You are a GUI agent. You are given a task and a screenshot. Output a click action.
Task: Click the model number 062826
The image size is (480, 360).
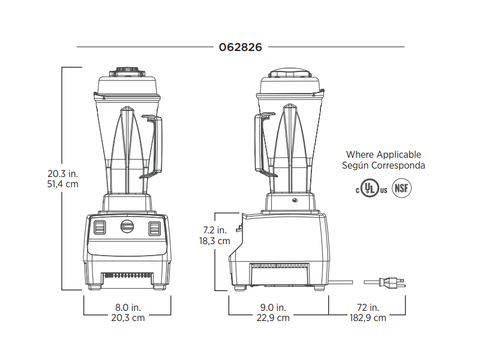point(241,47)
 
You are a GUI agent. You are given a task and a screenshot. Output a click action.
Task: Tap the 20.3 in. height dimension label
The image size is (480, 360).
point(63,173)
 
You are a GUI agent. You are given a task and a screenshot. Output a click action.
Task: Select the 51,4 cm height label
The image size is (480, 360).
point(63,184)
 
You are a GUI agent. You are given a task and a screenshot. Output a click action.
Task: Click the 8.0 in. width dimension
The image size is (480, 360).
point(128,307)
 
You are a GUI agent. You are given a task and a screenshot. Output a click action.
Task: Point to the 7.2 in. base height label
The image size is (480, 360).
point(215,230)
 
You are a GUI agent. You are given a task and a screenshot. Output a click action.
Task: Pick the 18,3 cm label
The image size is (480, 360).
point(215,241)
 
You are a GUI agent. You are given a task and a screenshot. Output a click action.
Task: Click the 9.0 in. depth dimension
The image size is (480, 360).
point(273,307)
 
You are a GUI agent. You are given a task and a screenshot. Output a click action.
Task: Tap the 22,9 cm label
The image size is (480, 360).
point(273,318)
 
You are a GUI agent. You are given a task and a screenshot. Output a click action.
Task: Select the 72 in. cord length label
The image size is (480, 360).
point(368,307)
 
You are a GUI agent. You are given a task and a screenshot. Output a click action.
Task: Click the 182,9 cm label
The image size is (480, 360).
point(368,318)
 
